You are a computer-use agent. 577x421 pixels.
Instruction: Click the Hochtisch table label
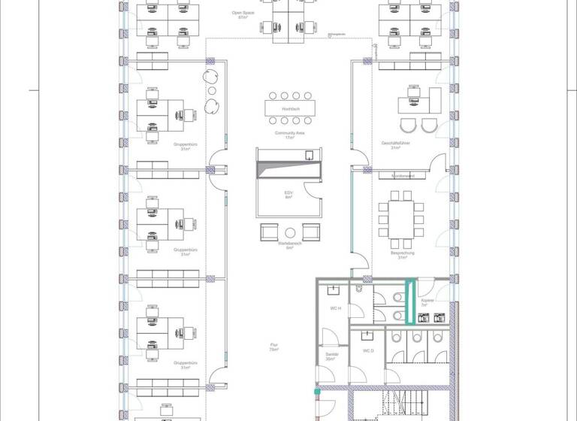pos(290,109)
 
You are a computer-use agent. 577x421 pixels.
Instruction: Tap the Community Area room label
pos(289,135)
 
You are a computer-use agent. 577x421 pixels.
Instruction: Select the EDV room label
pos(288,195)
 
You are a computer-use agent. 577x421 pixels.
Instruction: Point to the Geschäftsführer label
pos(395,144)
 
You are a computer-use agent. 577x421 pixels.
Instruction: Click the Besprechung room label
pos(397,256)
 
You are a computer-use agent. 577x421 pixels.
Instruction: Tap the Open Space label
pos(243,14)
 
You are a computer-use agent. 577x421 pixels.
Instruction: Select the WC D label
pos(368,351)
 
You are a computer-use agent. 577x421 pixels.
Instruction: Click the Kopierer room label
pos(428,302)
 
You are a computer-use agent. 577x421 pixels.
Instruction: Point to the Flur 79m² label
pos(274,347)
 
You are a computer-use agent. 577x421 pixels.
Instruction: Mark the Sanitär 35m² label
pos(331,358)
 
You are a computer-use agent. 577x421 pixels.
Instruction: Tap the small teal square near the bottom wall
pos(316,392)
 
